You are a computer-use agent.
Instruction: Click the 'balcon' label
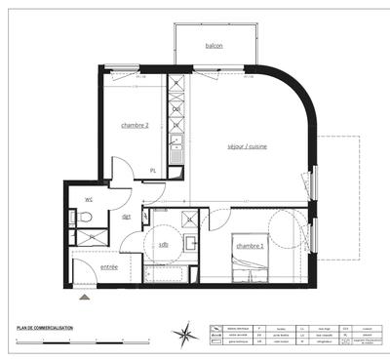point(214,46)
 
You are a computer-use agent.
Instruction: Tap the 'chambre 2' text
point(135,126)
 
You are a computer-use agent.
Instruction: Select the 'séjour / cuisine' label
point(247,146)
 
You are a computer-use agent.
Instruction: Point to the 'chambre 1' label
point(251,247)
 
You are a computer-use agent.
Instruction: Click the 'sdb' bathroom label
point(163,244)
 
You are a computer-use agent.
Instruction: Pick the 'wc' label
point(88,198)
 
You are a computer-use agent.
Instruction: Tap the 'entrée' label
point(109,266)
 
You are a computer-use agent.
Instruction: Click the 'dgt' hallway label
point(126,216)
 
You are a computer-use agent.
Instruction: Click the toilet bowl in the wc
point(85,217)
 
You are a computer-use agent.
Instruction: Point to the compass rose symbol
point(183,335)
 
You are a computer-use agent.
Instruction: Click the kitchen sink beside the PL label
point(175,153)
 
